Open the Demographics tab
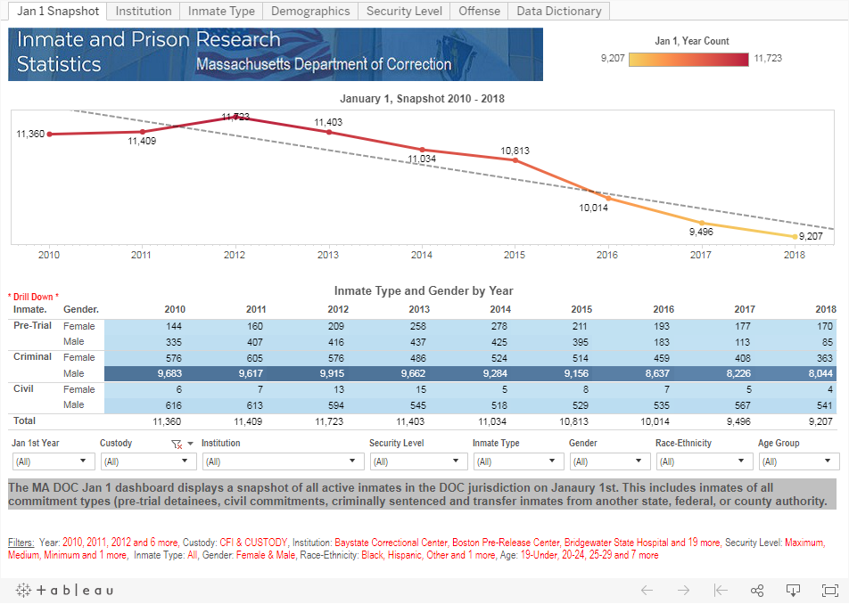pyautogui.click(x=310, y=11)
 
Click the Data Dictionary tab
pyautogui.click(x=559, y=11)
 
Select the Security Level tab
pyautogui.click(x=404, y=11)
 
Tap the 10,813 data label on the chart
pyautogui.click(x=515, y=151)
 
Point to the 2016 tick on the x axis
pyautogui.click(x=607, y=255)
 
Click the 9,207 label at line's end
pyautogui.click(x=811, y=237)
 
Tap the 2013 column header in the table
pyautogui.click(x=418, y=309)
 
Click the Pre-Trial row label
pyautogui.click(x=32, y=326)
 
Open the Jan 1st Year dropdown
pyautogui.click(x=54, y=461)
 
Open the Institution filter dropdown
pyautogui.click(x=282, y=461)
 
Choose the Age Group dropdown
pyautogui.click(x=798, y=461)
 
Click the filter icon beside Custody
pyautogui.click(x=177, y=444)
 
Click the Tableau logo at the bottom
pyautogui.click(x=64, y=590)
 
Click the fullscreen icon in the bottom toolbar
pyautogui.click(x=829, y=590)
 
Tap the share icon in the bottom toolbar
pyautogui.click(x=757, y=590)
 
